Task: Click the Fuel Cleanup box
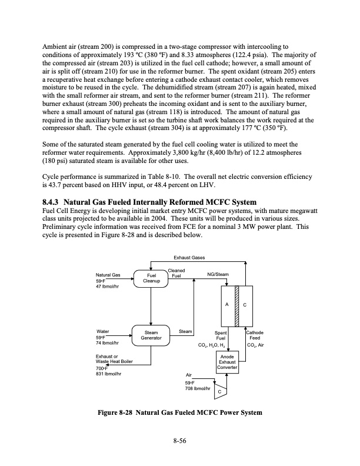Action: [x=151, y=278]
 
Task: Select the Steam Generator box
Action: [x=151, y=335]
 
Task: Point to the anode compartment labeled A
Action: [x=227, y=305]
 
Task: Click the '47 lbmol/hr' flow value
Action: [x=108, y=287]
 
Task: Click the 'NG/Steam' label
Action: [x=218, y=275]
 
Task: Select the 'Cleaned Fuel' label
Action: [x=177, y=273]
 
